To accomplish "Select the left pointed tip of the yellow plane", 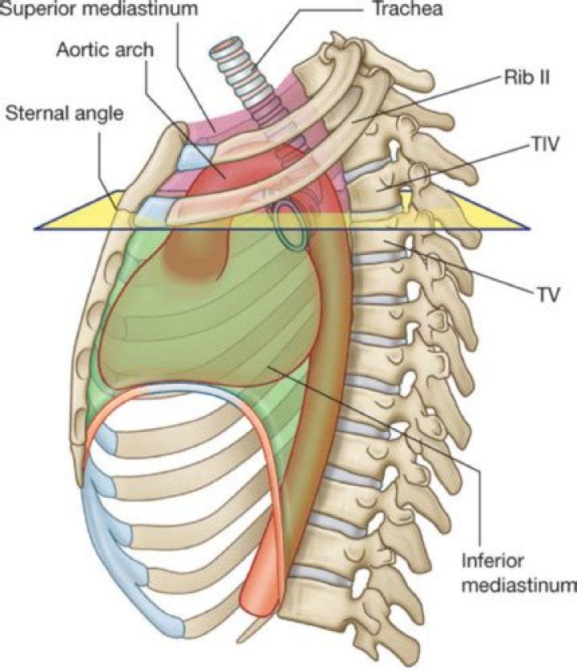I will coord(38,227).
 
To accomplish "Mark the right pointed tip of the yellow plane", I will coord(524,227).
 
